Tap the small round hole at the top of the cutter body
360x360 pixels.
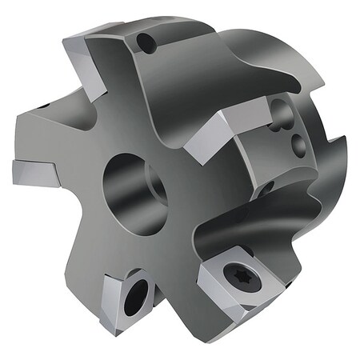pos(145,42)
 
